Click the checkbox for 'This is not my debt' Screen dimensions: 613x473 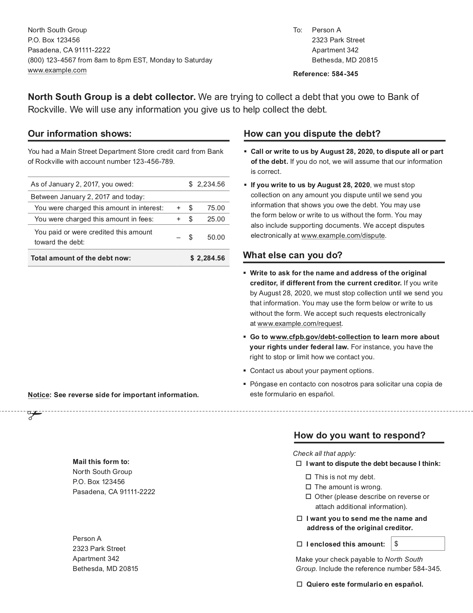point(308,477)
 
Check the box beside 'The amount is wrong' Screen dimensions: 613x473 point(308,487)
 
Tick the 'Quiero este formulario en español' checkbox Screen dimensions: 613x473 point(299,584)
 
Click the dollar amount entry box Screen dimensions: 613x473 point(418,544)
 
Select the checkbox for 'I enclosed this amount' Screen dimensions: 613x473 point(299,544)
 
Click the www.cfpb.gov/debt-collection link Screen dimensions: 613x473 point(320,337)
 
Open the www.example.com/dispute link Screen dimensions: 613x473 point(343,236)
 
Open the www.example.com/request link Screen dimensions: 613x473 point(299,324)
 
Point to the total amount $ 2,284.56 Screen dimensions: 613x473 point(207,258)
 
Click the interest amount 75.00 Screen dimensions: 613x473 point(216,208)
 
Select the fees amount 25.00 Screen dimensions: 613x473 point(216,219)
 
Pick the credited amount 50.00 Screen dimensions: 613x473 point(216,237)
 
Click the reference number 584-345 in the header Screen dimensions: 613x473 point(345,74)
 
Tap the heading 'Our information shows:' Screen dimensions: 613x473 point(80,134)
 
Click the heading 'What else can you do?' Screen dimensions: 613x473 point(292,255)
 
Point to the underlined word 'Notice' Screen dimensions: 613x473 point(39,395)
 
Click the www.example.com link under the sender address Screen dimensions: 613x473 point(57,70)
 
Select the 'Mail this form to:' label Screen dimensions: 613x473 point(101,462)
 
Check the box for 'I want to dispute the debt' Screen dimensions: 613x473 point(299,464)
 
